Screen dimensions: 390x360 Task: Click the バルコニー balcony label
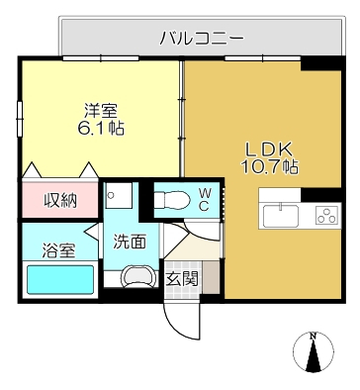(202, 38)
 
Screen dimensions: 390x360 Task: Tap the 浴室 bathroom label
(58, 251)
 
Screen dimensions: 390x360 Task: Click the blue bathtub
(59, 280)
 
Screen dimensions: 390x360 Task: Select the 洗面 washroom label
(129, 241)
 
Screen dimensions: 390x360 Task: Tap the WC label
(204, 197)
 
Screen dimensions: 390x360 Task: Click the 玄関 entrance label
(181, 279)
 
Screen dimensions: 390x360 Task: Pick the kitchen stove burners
(325, 214)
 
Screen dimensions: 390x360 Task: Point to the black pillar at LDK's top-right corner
(318, 63)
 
